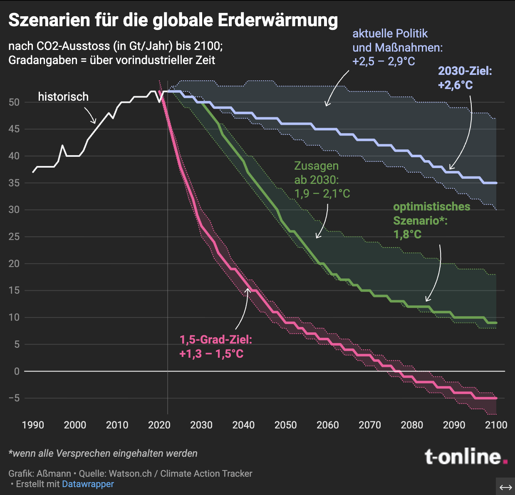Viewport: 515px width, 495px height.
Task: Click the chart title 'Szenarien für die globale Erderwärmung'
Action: [x=173, y=20]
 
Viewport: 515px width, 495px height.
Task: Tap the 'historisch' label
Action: [x=63, y=97]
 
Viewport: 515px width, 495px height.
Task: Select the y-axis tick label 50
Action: [x=14, y=102]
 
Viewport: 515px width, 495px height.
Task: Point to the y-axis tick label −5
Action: [x=14, y=398]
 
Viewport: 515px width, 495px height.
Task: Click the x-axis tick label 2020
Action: [x=159, y=425]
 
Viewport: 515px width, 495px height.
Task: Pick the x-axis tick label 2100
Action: [x=496, y=425]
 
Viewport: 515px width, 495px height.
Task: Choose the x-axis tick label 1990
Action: [x=33, y=425]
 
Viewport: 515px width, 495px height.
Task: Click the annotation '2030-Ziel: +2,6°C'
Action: [x=465, y=78]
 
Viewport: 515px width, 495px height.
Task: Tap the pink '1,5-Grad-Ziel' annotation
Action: [x=215, y=346]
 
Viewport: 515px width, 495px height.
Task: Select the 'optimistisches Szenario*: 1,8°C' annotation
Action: [x=431, y=220]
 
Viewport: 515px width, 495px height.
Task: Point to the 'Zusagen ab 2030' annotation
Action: [x=322, y=180]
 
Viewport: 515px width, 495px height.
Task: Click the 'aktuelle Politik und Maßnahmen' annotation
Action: [x=397, y=47]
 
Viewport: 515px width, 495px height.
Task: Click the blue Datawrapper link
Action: [x=88, y=484]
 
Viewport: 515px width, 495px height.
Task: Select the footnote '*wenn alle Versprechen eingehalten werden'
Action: [x=103, y=453]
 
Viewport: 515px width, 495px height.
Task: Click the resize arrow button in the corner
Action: [x=505, y=487]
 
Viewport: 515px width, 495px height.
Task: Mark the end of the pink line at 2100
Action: [x=496, y=398]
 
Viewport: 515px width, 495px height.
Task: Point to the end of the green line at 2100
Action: [x=496, y=323]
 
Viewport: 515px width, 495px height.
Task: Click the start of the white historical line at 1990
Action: [x=33, y=172]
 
